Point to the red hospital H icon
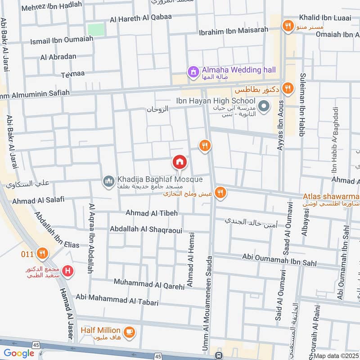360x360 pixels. tap(68, 271)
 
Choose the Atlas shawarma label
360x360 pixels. tap(331, 196)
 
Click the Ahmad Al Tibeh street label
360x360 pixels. tap(152, 213)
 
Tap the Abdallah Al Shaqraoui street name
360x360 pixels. tap(146, 229)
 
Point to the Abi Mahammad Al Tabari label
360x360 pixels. tap(117, 300)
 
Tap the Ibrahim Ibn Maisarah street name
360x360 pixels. tap(234, 31)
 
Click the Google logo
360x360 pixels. tap(19, 353)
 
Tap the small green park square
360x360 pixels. tap(96, 30)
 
